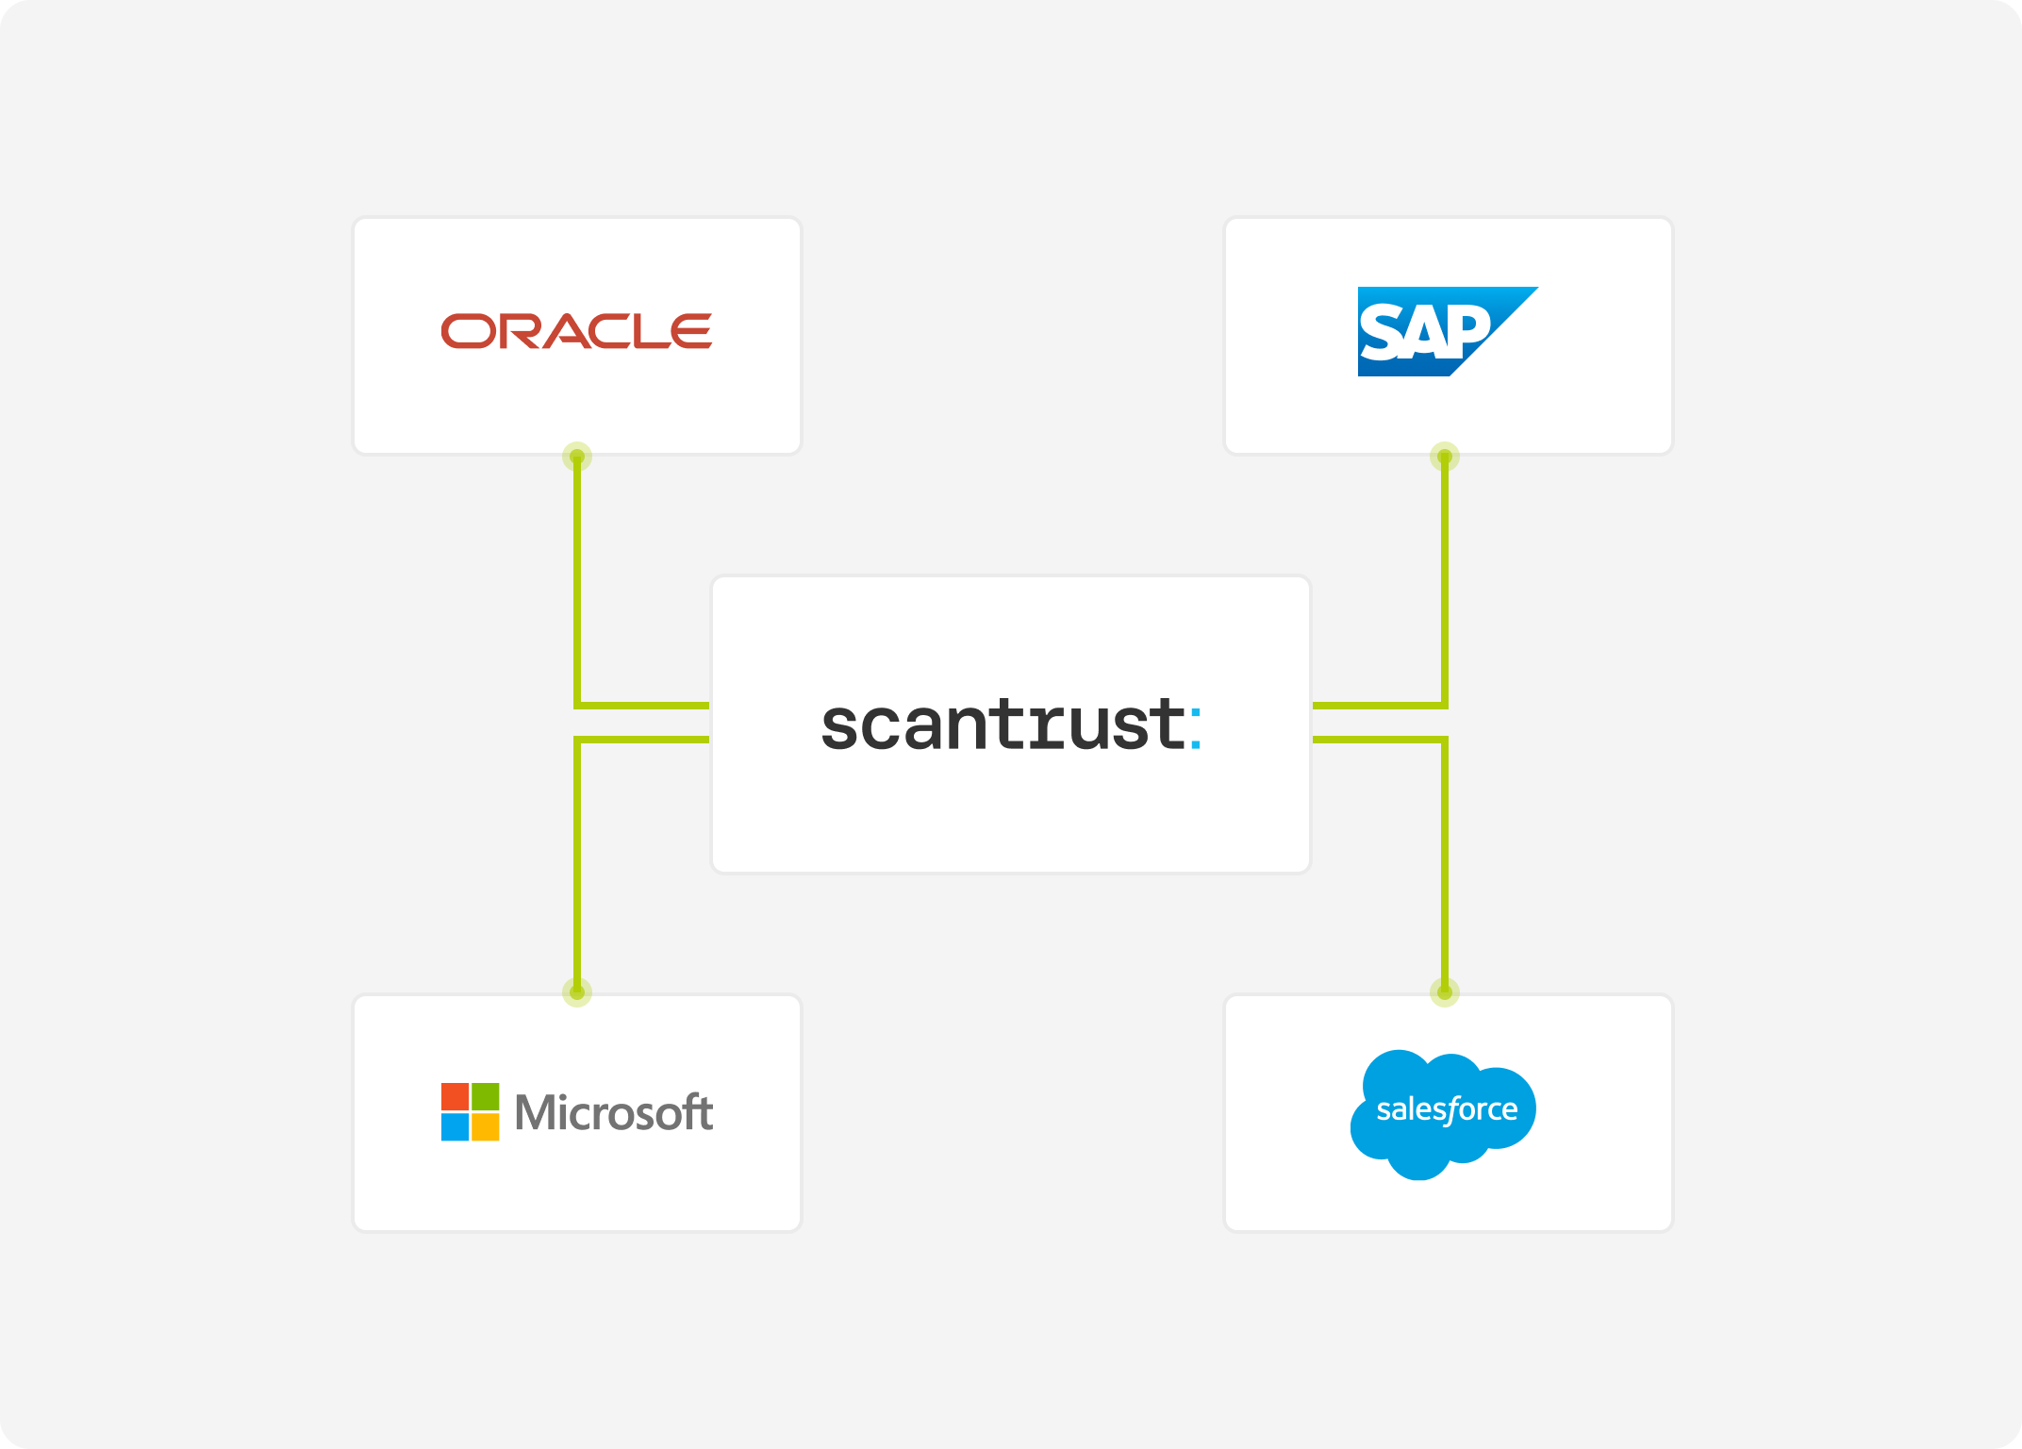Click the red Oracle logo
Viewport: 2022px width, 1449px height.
(x=576, y=331)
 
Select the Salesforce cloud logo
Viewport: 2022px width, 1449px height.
(x=1444, y=1113)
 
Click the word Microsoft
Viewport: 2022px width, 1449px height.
(x=614, y=1112)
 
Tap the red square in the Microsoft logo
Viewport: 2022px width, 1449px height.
(x=456, y=1097)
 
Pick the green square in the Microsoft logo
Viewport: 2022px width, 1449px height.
(x=486, y=1097)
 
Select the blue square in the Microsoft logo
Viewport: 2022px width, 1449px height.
(x=456, y=1127)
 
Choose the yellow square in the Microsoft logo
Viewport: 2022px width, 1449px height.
(x=486, y=1127)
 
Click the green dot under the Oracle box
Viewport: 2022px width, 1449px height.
(x=577, y=458)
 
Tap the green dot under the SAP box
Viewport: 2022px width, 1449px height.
(x=1445, y=458)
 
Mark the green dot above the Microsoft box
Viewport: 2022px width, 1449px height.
(x=577, y=991)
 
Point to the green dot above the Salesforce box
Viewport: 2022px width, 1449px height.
(x=1445, y=991)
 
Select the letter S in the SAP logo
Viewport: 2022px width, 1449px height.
(x=1382, y=334)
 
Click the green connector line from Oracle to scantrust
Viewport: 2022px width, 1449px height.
(x=577, y=585)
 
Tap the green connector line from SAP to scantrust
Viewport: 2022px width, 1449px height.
(x=1445, y=585)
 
